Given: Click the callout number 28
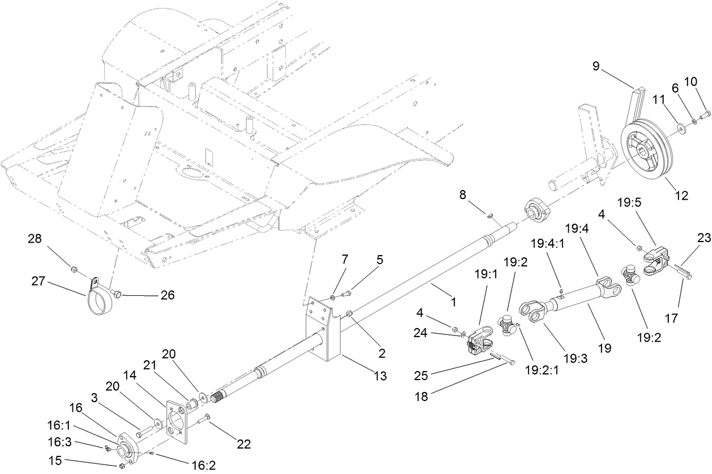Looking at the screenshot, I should pyautogui.click(x=35, y=240).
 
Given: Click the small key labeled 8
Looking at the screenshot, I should pyautogui.click(x=491, y=214).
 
